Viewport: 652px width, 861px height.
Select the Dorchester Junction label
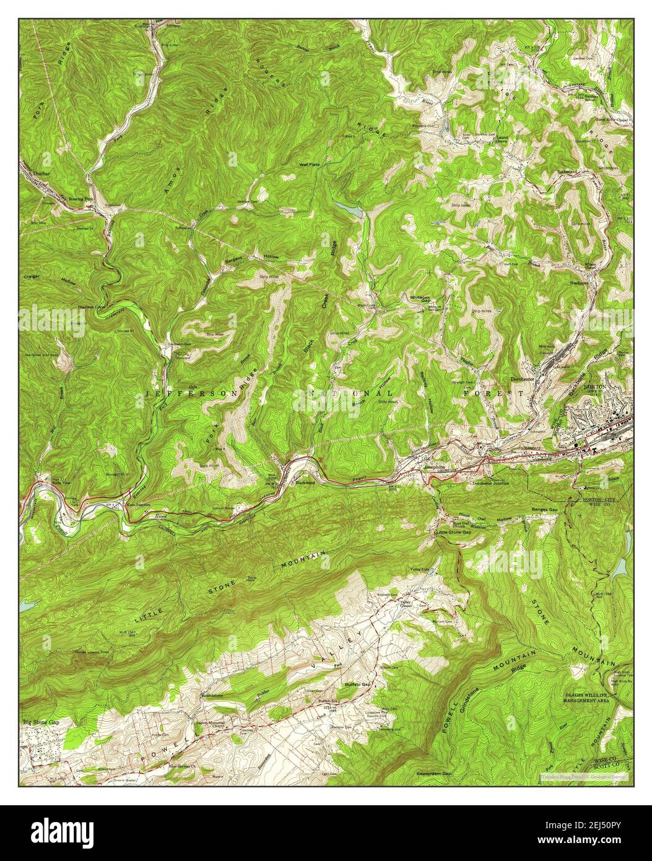click(490, 483)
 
